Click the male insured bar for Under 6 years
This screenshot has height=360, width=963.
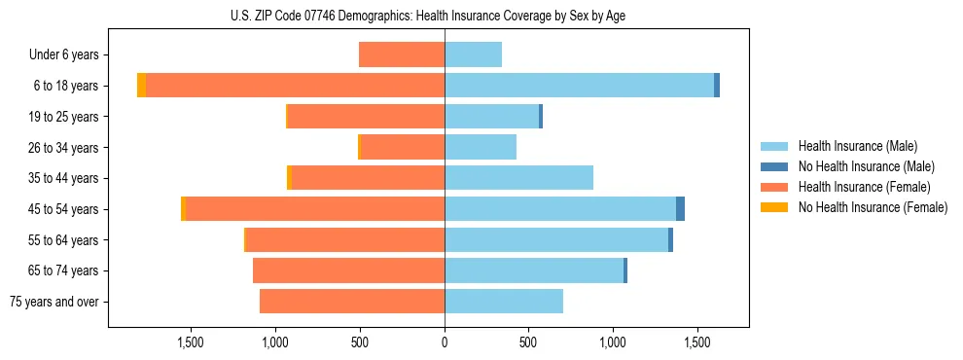[473, 54]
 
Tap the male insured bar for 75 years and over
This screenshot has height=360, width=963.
[504, 302]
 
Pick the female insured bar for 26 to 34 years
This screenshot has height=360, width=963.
[403, 147]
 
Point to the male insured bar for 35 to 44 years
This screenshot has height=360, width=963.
[518, 178]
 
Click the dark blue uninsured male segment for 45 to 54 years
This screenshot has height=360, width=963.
[681, 209]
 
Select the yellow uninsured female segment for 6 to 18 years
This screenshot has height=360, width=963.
[142, 86]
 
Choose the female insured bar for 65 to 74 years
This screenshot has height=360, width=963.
[348, 270]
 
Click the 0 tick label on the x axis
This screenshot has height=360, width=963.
[445, 343]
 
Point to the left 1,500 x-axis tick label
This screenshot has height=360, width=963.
[191, 343]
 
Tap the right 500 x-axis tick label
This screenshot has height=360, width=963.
[528, 343]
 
